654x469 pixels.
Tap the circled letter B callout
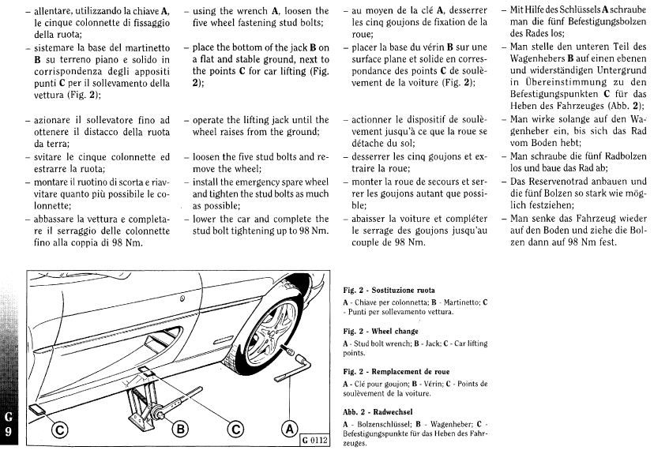pyautogui.click(x=181, y=430)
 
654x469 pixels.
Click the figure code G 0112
pyautogui.click(x=314, y=441)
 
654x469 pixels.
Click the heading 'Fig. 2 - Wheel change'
pyautogui.click(x=381, y=332)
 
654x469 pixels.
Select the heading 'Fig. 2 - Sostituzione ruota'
pyautogui.click(x=389, y=290)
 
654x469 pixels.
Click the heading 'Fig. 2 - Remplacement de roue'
pyautogui.click(x=395, y=371)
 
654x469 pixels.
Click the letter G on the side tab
pyautogui.click(x=8, y=416)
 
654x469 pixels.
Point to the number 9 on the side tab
pyautogui.click(x=8, y=431)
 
